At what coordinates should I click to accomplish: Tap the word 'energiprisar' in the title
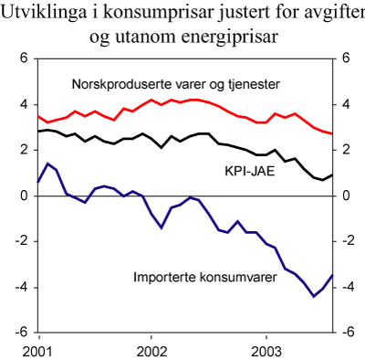tap(233, 37)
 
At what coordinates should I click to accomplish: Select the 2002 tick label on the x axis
tap(151, 350)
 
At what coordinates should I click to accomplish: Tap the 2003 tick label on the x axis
tap(266, 350)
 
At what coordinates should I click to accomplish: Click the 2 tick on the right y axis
tap(346, 150)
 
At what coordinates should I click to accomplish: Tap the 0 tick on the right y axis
tap(346, 196)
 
